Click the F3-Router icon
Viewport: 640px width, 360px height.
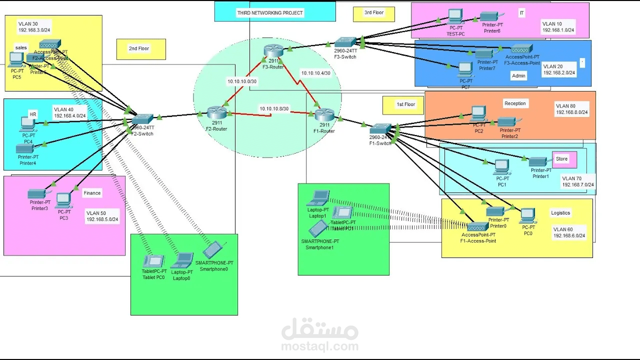pyautogui.click(x=273, y=50)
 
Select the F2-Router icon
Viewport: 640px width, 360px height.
pyautogui.click(x=217, y=113)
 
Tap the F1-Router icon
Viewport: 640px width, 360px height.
pyautogui.click(x=324, y=115)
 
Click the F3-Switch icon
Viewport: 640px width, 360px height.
pyautogui.click(x=345, y=42)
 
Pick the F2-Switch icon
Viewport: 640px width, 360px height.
pyautogui.click(x=143, y=119)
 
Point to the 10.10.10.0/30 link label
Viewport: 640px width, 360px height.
pyautogui.click(x=242, y=81)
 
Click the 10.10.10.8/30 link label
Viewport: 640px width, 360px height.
pyautogui.click(x=274, y=108)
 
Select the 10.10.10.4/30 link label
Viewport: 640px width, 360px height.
pyautogui.click(x=315, y=73)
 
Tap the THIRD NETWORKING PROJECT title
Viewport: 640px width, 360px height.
pyautogui.click(x=270, y=12)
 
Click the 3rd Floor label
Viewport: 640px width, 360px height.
pyautogui.click(x=374, y=12)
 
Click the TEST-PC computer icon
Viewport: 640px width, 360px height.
pyautogui.click(x=455, y=16)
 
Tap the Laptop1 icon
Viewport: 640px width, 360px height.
pyautogui.click(x=318, y=198)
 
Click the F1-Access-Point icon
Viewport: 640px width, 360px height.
pyautogui.click(x=478, y=226)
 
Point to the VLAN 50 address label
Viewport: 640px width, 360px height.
pyautogui.click(x=102, y=216)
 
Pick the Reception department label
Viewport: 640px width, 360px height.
pyautogui.click(x=515, y=103)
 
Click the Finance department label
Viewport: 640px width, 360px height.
pyautogui.click(x=92, y=193)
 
